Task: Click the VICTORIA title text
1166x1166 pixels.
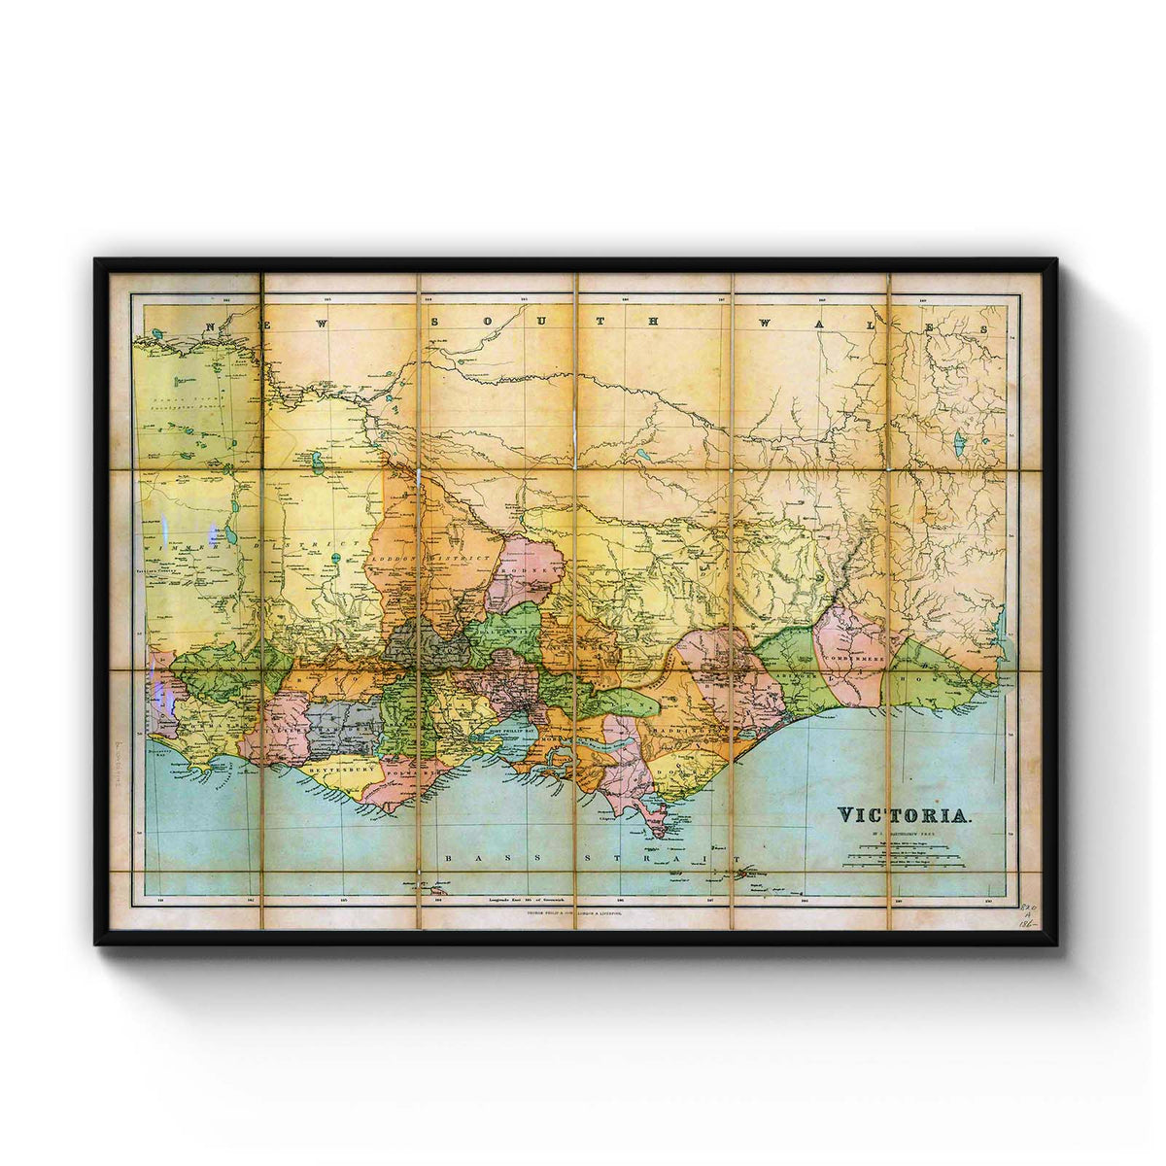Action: (x=903, y=813)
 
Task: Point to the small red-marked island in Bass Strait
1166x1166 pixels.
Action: (x=750, y=873)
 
